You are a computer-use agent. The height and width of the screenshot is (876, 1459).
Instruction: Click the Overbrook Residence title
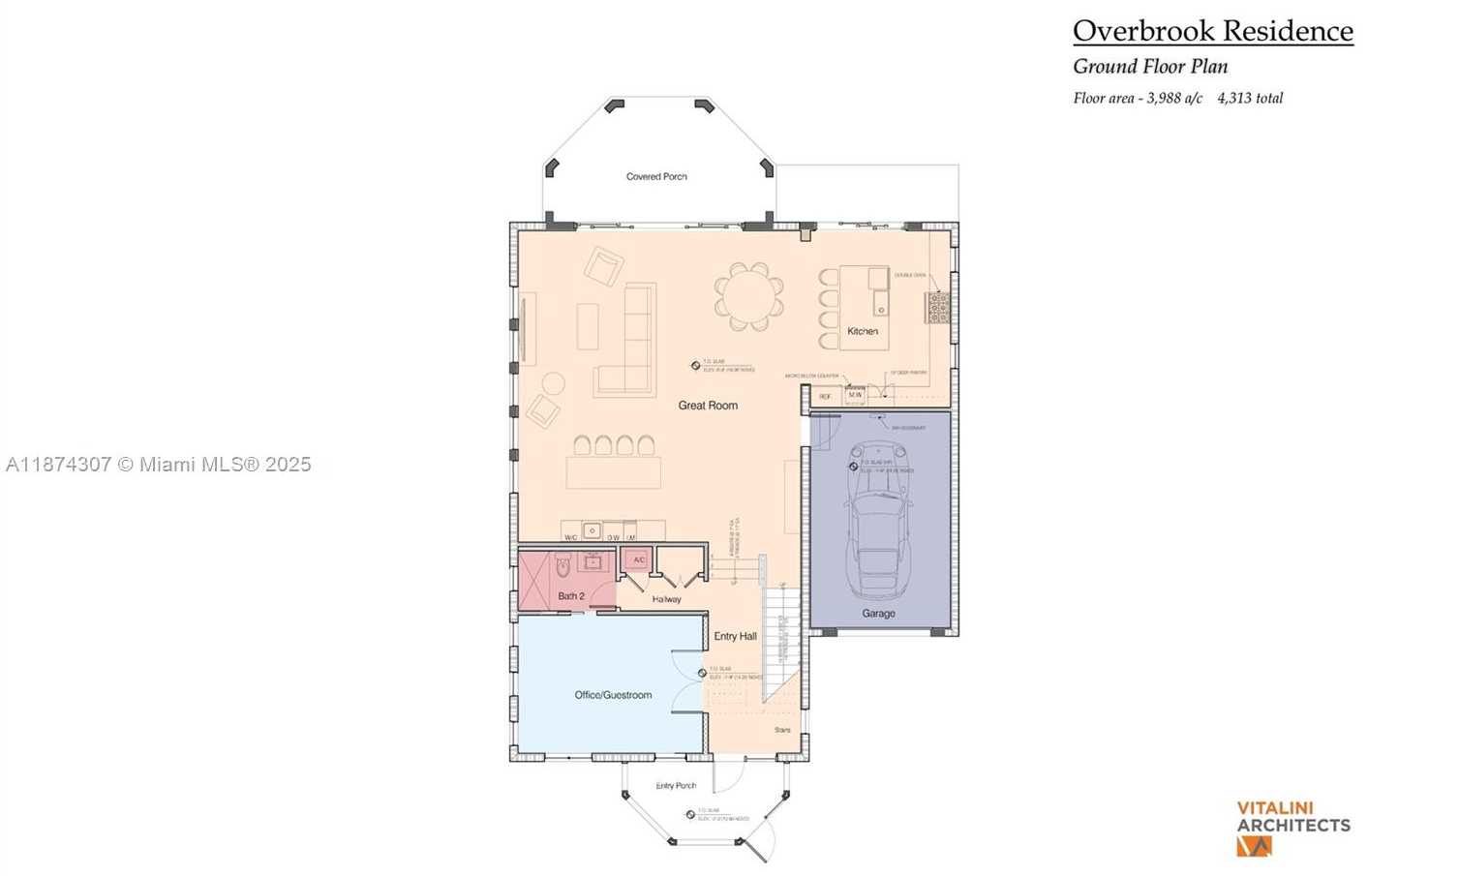[x=1212, y=31]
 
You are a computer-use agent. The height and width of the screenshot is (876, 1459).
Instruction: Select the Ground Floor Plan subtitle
[x=1150, y=67]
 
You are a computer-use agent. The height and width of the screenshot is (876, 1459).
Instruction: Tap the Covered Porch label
[x=656, y=176]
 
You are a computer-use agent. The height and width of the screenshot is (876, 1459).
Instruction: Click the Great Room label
[x=708, y=406]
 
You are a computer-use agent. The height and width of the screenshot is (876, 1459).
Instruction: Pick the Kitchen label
[x=863, y=331]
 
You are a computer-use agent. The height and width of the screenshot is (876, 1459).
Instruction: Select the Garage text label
[x=878, y=614]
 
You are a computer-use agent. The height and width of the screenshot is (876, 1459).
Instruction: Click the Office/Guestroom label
[x=613, y=695]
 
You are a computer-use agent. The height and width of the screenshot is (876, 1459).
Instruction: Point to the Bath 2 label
[x=571, y=596]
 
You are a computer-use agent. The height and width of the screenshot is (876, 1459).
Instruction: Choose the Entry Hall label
[x=735, y=636]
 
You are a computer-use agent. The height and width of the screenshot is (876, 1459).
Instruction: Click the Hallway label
[x=666, y=599]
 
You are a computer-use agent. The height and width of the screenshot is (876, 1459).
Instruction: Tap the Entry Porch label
[x=676, y=786]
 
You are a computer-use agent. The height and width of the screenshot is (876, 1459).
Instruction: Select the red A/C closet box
[x=638, y=560]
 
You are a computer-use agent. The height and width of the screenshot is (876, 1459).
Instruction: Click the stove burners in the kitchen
[x=938, y=308]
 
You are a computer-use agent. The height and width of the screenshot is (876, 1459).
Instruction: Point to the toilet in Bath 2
[x=562, y=564]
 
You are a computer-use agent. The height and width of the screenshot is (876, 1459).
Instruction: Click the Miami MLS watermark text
[x=158, y=465]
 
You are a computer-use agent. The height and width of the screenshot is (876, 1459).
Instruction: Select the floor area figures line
[x=1177, y=98]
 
